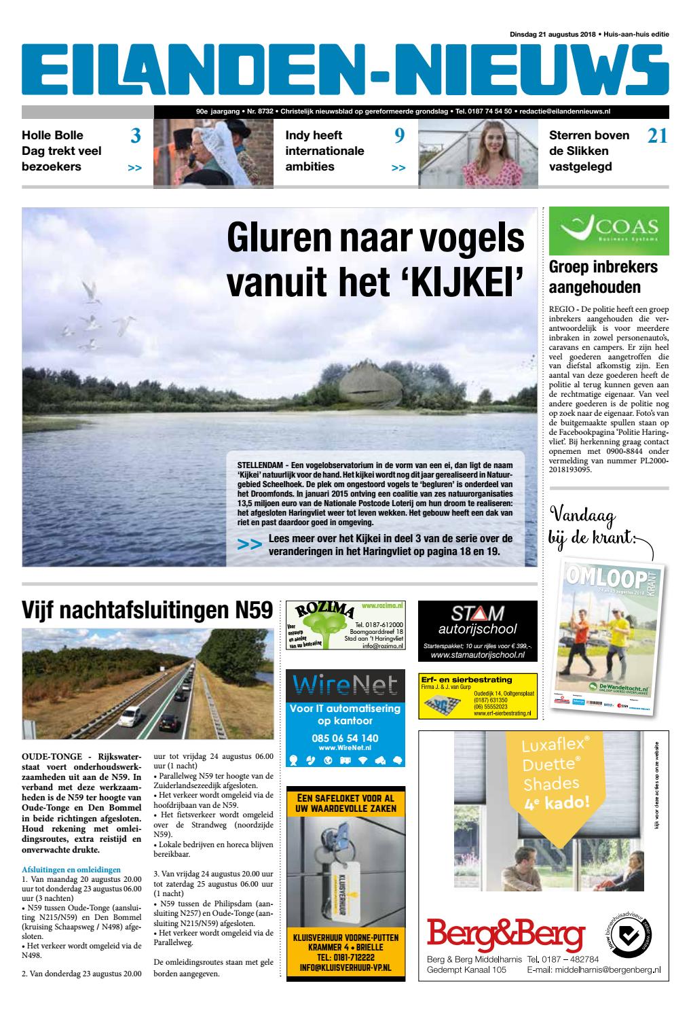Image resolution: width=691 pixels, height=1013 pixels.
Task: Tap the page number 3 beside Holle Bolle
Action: point(135,137)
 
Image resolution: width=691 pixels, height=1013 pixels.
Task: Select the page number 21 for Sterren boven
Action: point(656,137)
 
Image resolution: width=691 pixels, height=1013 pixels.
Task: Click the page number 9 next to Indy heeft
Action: point(399,137)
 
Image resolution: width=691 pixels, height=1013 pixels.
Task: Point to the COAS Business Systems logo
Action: point(608,230)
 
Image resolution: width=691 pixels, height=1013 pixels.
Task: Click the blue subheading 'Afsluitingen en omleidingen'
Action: point(71,869)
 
